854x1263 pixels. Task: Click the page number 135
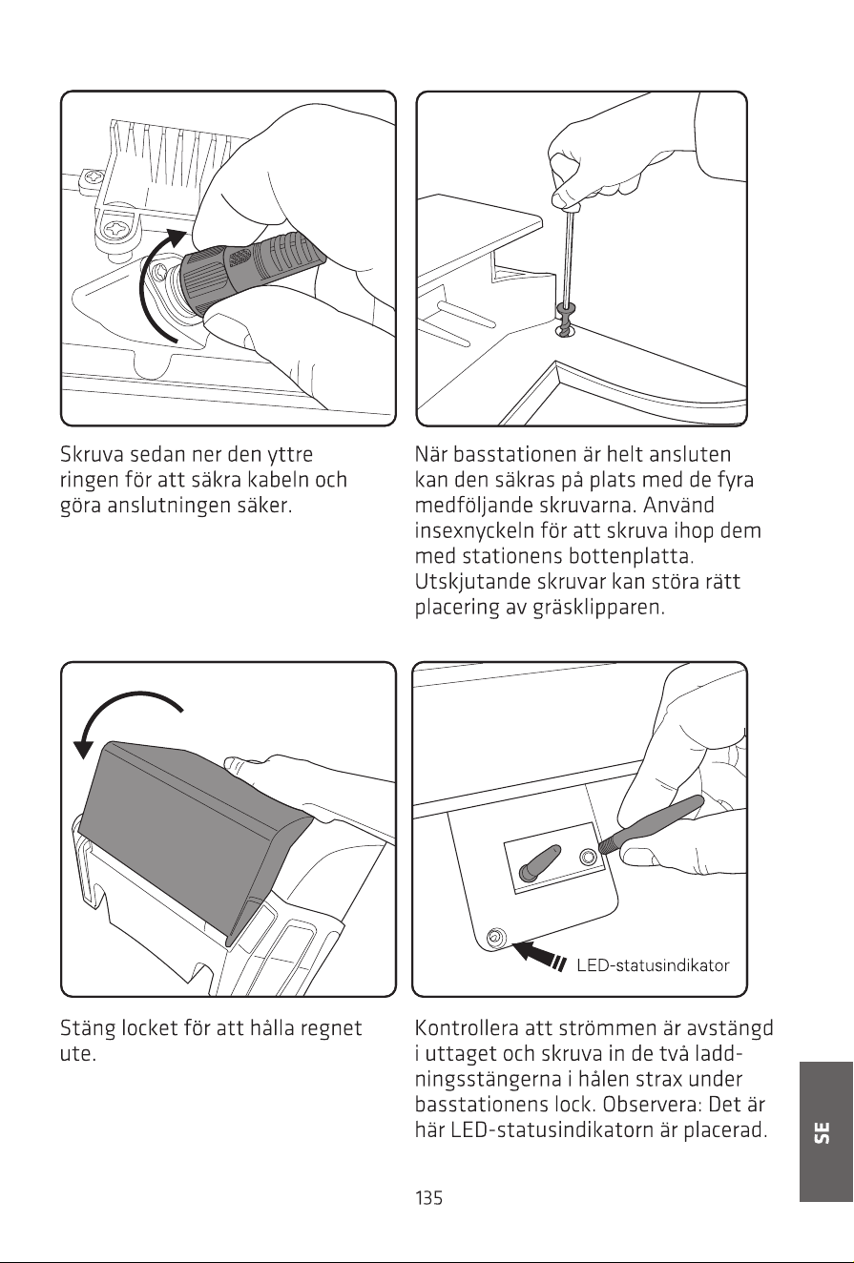pyautogui.click(x=428, y=1197)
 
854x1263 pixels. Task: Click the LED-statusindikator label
pyautogui.click(x=653, y=965)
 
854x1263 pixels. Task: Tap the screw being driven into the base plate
pyautogui.click(x=566, y=321)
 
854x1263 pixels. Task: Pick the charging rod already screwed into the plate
pyautogui.click(x=540, y=861)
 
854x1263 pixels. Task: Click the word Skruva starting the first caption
pyautogui.click(x=92, y=454)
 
